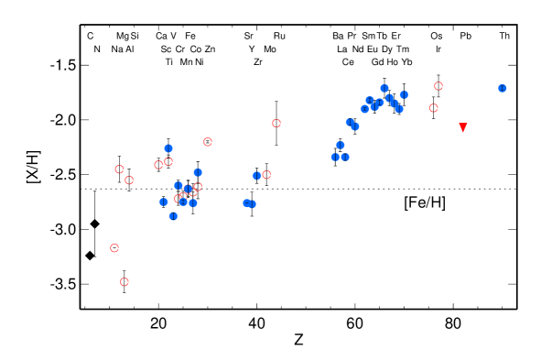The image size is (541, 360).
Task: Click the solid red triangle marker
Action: [x=463, y=127]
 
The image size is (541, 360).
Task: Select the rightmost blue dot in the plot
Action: [x=502, y=88]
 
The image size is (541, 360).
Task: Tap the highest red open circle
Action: [x=438, y=86]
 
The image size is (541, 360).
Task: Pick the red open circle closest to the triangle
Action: [x=433, y=108]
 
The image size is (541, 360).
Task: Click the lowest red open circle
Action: [x=124, y=282]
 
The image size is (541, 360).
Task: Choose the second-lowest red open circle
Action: [x=114, y=248]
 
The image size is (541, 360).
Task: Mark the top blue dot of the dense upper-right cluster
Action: [x=384, y=89]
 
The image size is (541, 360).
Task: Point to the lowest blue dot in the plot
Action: [x=173, y=216]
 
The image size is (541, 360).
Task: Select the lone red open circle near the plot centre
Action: [x=276, y=124]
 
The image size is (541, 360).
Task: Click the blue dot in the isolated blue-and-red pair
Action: [x=257, y=175]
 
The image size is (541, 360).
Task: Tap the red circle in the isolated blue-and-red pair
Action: [x=266, y=175]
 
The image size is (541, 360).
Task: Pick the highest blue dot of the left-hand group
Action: [x=168, y=148]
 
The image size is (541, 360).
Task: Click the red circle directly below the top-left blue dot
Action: [x=168, y=162]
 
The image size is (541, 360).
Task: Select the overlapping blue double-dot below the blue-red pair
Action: [x=249, y=203]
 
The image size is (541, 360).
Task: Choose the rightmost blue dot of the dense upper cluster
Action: [x=404, y=95]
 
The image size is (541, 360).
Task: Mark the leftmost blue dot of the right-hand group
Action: [x=335, y=157]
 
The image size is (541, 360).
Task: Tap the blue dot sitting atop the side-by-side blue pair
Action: [x=341, y=145]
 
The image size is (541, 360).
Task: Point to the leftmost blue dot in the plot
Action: [x=164, y=202]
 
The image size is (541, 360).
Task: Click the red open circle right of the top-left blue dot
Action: [x=208, y=142]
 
